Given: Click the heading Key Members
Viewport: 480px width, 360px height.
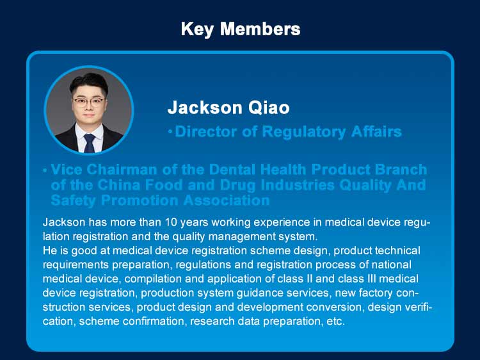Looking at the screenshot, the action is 241,29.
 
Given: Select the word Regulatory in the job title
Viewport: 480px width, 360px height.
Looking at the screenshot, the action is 304,132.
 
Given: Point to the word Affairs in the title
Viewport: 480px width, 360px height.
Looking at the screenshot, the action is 376,131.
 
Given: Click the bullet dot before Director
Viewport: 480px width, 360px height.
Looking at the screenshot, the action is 170,133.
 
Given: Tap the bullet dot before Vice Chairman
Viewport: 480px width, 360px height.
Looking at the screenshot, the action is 45,170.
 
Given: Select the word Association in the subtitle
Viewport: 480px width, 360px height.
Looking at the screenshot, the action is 227,200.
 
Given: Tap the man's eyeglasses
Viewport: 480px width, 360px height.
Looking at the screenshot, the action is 88,102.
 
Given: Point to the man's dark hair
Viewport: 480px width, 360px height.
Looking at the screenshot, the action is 89,83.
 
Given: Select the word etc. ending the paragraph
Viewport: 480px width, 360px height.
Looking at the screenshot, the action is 336,322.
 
